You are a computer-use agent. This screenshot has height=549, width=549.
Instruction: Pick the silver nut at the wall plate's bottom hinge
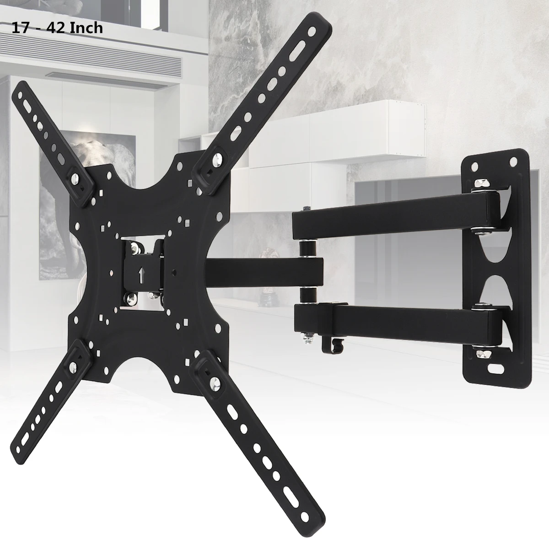coord(482,353)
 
